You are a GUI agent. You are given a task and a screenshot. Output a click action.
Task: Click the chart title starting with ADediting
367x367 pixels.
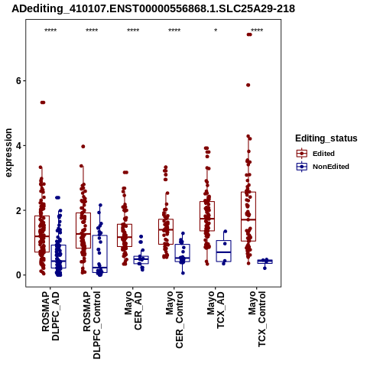[x=153, y=8]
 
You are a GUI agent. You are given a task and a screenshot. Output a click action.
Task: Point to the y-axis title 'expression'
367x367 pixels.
[x=8, y=153]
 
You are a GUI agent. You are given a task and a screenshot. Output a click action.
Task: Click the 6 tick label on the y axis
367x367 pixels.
[x=18, y=81]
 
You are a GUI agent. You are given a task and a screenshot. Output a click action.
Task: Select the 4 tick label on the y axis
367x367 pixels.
[x=18, y=146]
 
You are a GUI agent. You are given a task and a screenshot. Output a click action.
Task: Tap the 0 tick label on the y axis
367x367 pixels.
[x=18, y=275]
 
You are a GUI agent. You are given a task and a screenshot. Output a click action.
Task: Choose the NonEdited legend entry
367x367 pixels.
[x=323, y=167]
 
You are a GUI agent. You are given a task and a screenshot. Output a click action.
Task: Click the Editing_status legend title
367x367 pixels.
[x=326, y=138]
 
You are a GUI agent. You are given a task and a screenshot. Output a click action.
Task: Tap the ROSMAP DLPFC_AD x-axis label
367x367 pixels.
[x=50, y=316]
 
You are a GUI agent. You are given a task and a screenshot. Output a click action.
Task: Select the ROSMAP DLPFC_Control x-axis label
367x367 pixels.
[x=92, y=325]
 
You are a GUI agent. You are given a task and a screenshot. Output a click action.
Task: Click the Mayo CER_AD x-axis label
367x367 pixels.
[x=133, y=310]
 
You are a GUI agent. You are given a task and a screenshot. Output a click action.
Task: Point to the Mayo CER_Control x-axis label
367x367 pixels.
[x=174, y=320]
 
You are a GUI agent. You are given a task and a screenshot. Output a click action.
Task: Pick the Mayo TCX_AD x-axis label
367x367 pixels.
[x=216, y=310]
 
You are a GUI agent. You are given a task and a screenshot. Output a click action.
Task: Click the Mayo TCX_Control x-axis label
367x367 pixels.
[x=257, y=319]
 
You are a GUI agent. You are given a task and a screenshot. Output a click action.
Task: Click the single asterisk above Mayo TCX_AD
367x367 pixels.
[x=216, y=31]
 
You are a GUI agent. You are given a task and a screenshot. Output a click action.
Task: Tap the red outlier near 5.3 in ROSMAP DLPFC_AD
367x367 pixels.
[x=43, y=102]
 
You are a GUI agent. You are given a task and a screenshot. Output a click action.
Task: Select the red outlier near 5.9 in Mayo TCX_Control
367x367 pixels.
[x=248, y=85]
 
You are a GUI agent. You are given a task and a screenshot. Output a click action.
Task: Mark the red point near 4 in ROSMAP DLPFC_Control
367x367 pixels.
[x=83, y=147]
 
